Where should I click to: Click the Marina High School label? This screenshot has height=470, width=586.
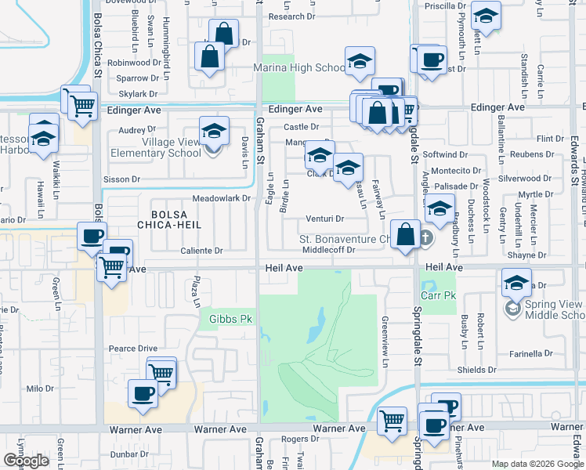299,68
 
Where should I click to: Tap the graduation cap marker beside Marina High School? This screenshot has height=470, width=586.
360,62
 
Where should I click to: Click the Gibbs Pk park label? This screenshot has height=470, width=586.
230,319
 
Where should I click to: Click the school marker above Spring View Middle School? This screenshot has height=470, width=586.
516,284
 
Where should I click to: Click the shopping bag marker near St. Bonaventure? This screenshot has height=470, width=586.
406,235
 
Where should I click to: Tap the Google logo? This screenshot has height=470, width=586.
26,461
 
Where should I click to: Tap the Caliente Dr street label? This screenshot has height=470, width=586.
202,251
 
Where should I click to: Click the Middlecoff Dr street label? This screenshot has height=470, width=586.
329,251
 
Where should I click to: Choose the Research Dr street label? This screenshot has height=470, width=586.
291,16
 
